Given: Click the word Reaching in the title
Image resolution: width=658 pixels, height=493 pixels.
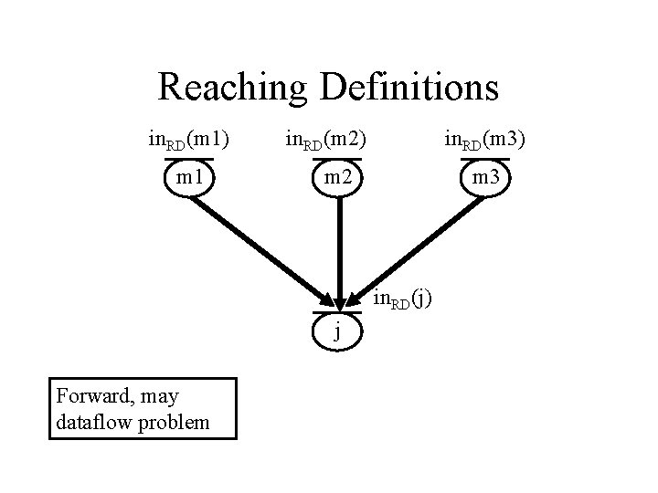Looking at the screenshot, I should [236, 88].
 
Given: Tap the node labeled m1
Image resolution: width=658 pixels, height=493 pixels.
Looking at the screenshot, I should [189, 176].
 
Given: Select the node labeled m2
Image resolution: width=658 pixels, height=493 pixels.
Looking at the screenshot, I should [339, 176].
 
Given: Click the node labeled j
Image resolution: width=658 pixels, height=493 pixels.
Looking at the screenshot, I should [338, 330].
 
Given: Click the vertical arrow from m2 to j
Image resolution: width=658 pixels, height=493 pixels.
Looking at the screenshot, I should [339, 246].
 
